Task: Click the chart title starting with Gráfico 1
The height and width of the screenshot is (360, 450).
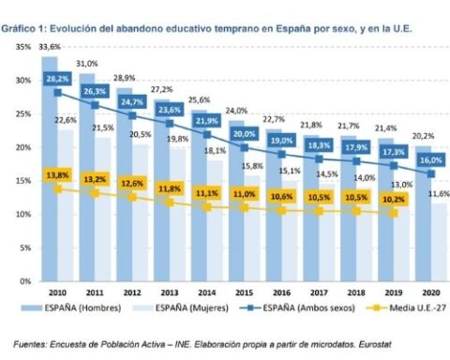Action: tap(206, 29)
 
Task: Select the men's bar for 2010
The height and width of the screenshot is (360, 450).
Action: tap(50, 169)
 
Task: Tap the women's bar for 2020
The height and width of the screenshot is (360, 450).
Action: tap(439, 243)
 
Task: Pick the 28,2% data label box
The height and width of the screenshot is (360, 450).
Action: tap(57, 79)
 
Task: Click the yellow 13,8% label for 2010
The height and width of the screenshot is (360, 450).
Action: tap(57, 175)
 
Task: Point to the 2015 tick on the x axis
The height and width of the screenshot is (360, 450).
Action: tap(244, 292)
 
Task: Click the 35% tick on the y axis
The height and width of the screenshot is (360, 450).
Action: tap(23, 47)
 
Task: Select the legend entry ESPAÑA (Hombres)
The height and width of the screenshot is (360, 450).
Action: tap(71, 308)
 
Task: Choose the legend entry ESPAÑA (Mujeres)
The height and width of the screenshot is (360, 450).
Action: tap(180, 308)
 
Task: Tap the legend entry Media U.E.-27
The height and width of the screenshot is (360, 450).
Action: tap(406, 308)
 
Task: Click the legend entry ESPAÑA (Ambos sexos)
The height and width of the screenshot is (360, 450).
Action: tap(297, 308)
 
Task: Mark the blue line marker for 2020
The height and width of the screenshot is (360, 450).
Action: tap(431, 173)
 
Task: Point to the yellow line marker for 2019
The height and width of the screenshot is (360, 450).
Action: tap(394, 213)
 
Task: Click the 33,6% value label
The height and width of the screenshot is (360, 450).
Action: tap(50, 47)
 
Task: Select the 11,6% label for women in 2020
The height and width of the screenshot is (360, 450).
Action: tap(439, 194)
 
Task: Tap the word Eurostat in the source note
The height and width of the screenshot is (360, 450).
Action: tap(375, 344)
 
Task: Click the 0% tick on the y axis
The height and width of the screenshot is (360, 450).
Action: tap(25, 281)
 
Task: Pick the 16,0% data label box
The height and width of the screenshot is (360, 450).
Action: tap(431, 160)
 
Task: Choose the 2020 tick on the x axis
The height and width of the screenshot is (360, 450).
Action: tap(431, 292)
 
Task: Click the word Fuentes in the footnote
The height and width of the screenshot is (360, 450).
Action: tap(30, 344)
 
